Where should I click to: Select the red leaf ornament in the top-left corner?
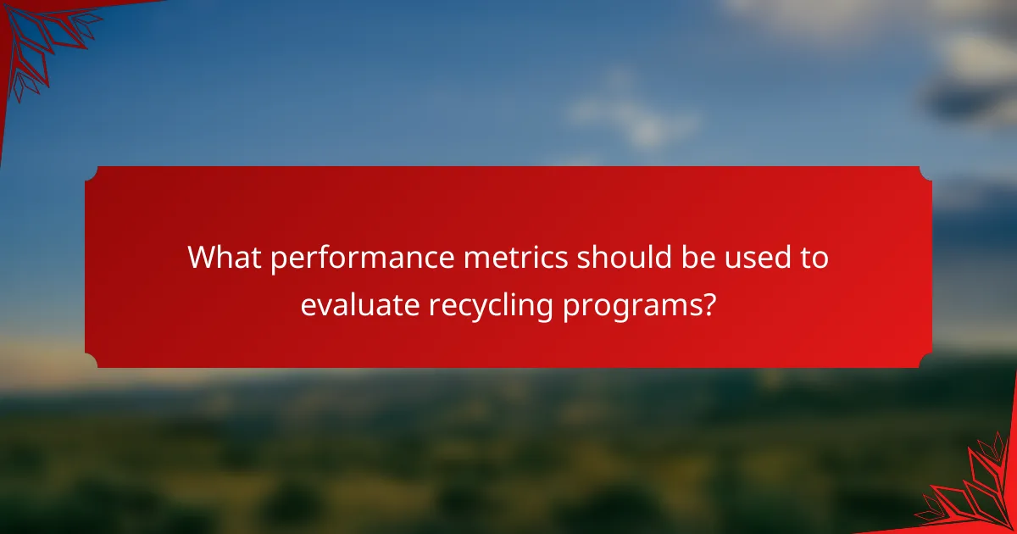coord(42,38)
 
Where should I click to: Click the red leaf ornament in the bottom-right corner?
coord(975,492)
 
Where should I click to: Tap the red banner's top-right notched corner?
coord(925,173)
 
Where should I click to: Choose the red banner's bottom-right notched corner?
coord(925,361)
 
